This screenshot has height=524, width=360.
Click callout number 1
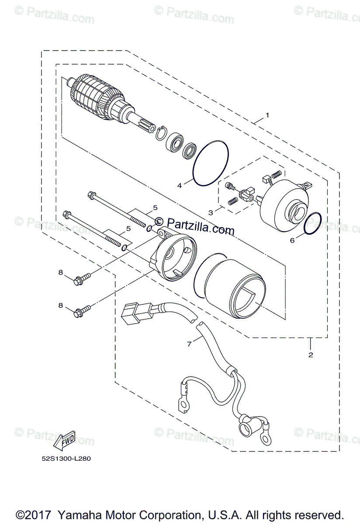pyautogui.click(x=267, y=116)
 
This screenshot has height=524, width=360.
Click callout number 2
pyautogui.click(x=311, y=355)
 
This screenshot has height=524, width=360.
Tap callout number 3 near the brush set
pyautogui.click(x=211, y=213)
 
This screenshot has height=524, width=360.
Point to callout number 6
pyautogui.click(x=293, y=240)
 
